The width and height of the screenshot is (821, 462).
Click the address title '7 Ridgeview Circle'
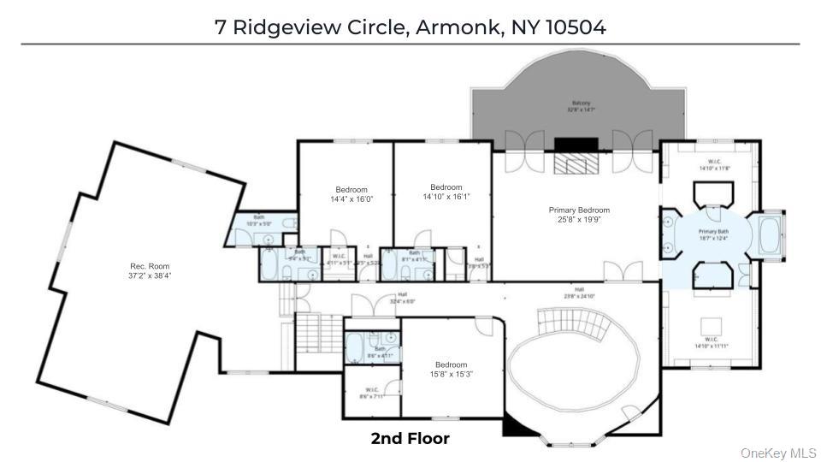(312, 27)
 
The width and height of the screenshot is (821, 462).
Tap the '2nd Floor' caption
(410, 438)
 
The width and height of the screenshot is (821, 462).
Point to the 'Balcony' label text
(582, 104)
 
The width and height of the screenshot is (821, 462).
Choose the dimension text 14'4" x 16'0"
(351, 198)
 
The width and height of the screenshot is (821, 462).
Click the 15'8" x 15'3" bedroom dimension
(451, 373)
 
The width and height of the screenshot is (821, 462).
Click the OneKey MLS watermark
(778, 453)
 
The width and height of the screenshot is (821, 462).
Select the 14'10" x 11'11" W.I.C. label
(712, 346)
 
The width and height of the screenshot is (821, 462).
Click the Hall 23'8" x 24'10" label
(579, 293)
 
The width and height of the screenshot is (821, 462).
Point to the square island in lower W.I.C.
(712, 325)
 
